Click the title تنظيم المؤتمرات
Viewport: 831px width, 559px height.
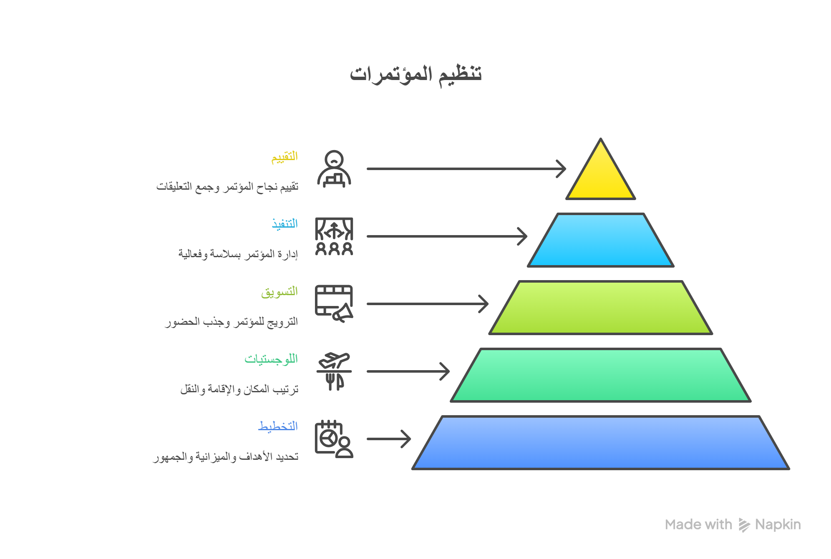point(415,74)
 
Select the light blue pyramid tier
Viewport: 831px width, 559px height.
point(600,240)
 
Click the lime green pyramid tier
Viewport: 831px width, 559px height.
point(600,308)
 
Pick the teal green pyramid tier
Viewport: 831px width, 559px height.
point(600,375)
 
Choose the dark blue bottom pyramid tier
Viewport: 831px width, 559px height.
point(600,443)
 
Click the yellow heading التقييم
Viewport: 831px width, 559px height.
point(285,157)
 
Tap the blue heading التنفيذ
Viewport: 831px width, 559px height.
point(285,224)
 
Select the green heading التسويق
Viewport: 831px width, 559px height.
point(280,292)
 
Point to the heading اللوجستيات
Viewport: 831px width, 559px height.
point(271,359)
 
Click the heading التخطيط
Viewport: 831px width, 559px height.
point(278,426)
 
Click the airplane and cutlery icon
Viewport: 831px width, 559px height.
point(334,371)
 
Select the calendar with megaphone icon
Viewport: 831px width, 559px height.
point(334,304)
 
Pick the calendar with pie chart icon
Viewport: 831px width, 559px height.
point(334,439)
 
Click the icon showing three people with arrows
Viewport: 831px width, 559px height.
point(334,236)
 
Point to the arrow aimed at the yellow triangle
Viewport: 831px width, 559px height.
point(466,169)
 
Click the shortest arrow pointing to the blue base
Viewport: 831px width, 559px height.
point(389,439)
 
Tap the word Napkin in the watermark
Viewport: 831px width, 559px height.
point(778,525)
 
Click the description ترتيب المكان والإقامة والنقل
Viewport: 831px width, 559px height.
point(239,389)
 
